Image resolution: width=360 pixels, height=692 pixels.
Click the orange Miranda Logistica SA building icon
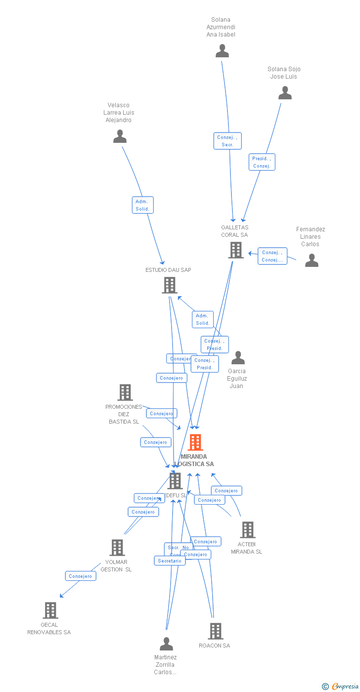pos(196,442)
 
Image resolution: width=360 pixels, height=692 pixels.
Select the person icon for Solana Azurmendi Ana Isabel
pos(222,51)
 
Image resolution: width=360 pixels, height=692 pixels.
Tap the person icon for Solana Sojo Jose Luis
pos(285,93)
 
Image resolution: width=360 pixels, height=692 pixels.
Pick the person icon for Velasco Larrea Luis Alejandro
pos(120,136)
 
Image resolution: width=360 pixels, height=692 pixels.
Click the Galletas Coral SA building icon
pos(236,250)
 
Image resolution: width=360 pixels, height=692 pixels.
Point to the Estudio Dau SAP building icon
pos(170,285)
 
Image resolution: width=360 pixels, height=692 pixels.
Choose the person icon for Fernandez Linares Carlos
pos(312,260)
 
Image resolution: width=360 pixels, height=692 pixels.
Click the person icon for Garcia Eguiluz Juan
pos(238,358)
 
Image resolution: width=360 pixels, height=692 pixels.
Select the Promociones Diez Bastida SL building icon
pos(125,392)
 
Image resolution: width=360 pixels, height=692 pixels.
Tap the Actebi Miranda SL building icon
pos(247,530)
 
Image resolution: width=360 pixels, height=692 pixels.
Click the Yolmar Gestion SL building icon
pos(117,548)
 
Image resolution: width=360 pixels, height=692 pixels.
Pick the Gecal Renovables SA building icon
pos(50,610)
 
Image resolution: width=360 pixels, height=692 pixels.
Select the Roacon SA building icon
pos(215,631)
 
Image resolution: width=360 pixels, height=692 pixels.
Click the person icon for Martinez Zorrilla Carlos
pos(166,644)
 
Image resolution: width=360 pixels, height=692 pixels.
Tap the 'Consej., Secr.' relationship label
pos(227,141)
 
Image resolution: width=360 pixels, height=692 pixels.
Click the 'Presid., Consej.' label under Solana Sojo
pos(262,162)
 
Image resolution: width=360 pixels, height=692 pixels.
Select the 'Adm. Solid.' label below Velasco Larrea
pos(142,205)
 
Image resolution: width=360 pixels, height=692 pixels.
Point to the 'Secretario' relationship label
pos(170,561)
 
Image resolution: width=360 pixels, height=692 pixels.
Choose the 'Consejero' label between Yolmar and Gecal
pos(81,576)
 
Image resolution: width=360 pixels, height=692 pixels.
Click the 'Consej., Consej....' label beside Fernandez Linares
pos(272,256)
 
